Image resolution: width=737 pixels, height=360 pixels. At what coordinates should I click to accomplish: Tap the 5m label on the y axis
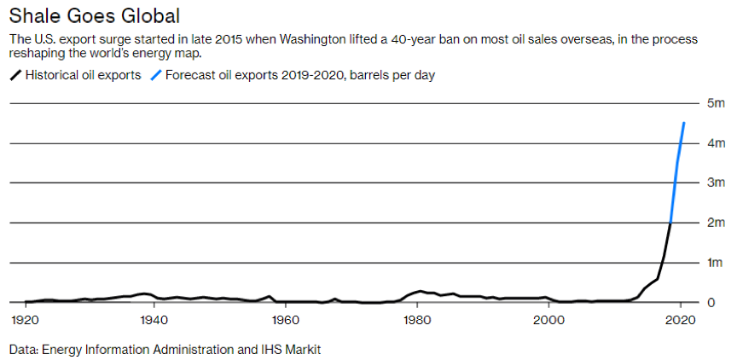pyautogui.click(x=715, y=103)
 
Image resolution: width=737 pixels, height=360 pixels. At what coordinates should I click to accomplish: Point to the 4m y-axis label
pyautogui.click(x=715, y=143)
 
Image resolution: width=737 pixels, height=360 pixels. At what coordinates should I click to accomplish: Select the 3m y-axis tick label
pyautogui.click(x=715, y=183)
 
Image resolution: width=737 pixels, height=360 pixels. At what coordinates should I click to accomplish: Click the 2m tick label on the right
pyautogui.click(x=715, y=223)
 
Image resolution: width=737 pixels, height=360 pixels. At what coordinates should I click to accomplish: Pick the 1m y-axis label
pyautogui.click(x=715, y=263)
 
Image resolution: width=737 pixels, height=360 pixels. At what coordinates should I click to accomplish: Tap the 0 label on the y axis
pyautogui.click(x=711, y=302)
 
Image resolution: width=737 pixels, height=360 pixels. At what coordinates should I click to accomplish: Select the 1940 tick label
pyautogui.click(x=154, y=320)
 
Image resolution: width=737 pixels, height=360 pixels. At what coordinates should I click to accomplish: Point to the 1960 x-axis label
pyautogui.click(x=285, y=320)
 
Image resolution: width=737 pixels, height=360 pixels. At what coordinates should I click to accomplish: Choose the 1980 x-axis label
pyautogui.click(x=417, y=320)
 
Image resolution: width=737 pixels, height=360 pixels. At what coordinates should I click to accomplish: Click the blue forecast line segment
pyautogui.click(x=676, y=171)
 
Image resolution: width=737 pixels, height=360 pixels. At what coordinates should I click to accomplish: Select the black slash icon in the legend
pyautogui.click(x=15, y=75)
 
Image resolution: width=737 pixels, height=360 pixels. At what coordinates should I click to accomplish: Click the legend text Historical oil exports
pyautogui.click(x=83, y=75)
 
